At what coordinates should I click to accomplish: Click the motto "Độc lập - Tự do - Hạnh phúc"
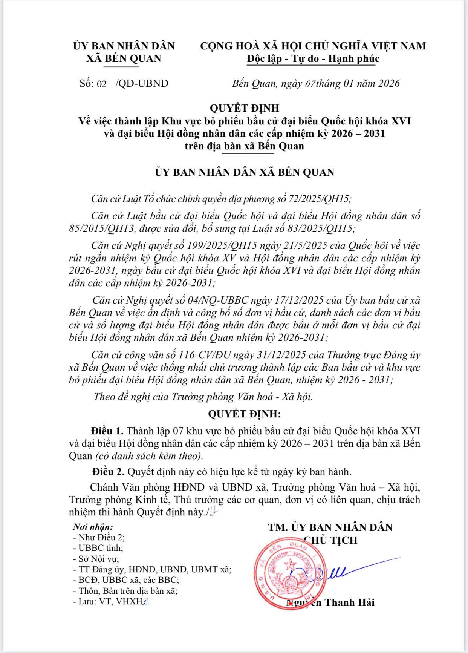[x=313, y=58]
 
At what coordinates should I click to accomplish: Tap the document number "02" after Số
[x=102, y=84]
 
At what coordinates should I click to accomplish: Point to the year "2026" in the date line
[x=387, y=83]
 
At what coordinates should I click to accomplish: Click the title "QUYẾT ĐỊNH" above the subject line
[x=245, y=108]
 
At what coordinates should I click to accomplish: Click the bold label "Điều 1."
[x=107, y=431]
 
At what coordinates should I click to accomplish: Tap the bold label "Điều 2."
[x=109, y=472]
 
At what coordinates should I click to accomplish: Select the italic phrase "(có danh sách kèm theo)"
[x=149, y=456]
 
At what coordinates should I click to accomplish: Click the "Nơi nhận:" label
[x=93, y=527]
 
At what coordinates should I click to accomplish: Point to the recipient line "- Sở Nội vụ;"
[x=96, y=559]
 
